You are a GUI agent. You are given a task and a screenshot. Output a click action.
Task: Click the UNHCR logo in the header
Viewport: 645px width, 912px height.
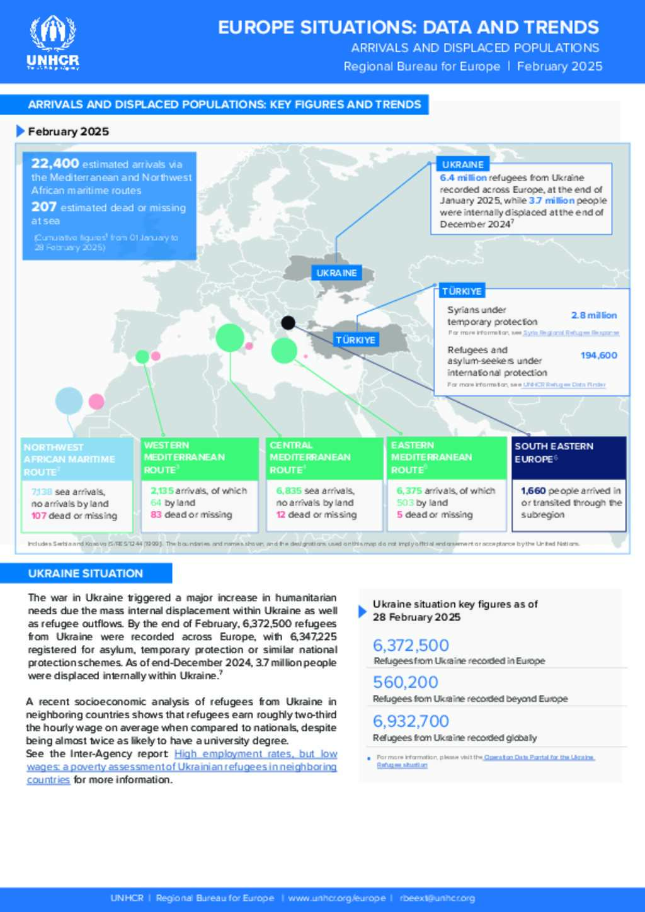click(53, 43)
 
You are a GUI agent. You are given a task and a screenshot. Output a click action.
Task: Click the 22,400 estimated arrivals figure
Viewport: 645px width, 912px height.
click(55, 164)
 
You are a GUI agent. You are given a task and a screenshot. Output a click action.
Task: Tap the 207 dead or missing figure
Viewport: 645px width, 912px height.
click(44, 207)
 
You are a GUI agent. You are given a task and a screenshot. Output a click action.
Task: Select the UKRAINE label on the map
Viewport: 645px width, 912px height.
click(336, 273)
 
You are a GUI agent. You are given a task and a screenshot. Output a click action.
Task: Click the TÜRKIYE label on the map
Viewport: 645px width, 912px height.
click(355, 340)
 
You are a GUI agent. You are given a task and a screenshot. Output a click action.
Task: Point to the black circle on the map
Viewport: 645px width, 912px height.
click(288, 323)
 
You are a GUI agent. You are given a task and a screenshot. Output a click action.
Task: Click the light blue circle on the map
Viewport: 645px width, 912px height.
click(69, 401)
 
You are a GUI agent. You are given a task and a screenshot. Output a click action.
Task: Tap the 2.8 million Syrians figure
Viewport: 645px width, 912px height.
click(593, 315)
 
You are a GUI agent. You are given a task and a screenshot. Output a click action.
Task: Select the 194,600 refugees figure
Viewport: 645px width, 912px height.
click(598, 356)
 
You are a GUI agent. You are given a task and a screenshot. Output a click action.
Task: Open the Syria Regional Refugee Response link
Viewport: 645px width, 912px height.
click(571, 333)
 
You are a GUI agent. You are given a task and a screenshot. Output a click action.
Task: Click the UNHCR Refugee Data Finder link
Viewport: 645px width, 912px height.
click(564, 385)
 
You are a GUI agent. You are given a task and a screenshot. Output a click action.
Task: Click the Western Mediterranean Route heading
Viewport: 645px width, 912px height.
click(184, 458)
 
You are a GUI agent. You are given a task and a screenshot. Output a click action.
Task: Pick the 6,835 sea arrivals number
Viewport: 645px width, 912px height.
click(289, 491)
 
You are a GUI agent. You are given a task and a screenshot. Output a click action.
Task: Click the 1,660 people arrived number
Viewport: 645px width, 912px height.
click(533, 491)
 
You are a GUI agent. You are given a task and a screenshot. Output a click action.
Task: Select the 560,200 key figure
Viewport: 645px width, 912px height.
click(406, 682)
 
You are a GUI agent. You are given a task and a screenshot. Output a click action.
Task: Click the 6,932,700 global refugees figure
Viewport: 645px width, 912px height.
click(411, 721)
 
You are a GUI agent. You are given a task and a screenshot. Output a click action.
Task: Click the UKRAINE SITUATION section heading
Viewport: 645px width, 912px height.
click(86, 573)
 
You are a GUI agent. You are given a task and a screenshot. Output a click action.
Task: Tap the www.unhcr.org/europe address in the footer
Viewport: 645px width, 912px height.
click(336, 898)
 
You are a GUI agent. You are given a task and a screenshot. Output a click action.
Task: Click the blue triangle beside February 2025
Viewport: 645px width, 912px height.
click(21, 131)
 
